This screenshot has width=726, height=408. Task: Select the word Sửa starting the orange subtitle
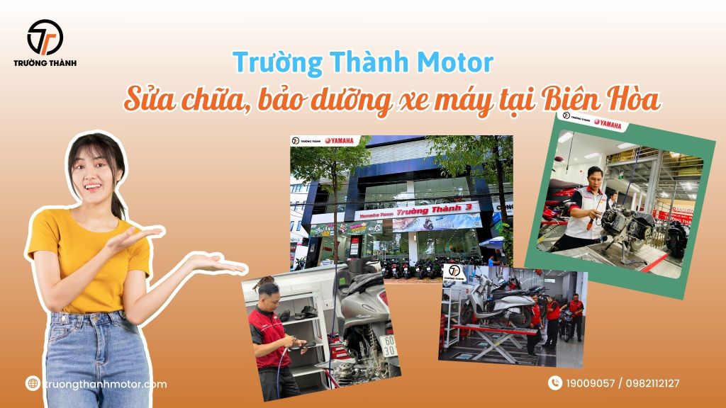pyautogui.click(x=145, y=101)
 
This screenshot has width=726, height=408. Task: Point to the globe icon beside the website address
pyautogui.click(x=32, y=383)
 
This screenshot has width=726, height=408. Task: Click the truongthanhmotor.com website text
pyautogui.click(x=105, y=384)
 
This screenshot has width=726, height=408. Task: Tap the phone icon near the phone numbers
pyautogui.click(x=554, y=383)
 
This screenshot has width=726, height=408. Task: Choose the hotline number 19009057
pyautogui.click(x=589, y=384)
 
